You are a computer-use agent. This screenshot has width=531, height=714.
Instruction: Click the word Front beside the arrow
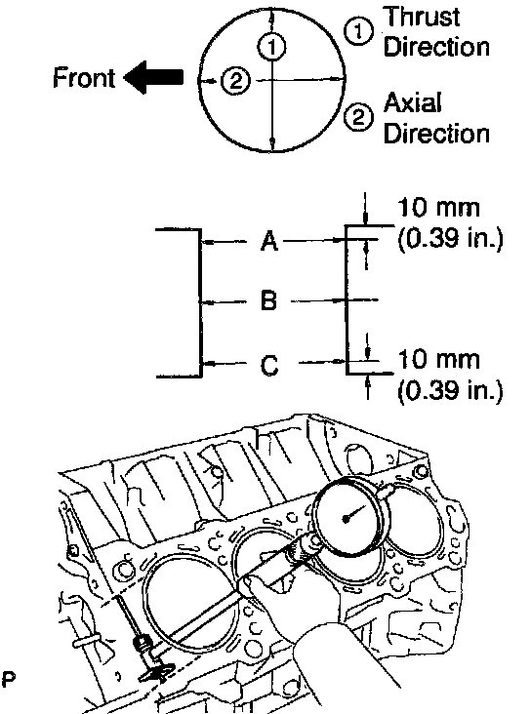(84, 77)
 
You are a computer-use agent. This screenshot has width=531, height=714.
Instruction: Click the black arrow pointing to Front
(153, 77)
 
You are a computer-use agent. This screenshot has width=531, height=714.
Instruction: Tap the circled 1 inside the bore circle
(272, 47)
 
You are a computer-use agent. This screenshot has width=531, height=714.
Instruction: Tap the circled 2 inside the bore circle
(235, 82)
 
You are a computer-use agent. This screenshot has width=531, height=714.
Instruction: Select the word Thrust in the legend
(421, 17)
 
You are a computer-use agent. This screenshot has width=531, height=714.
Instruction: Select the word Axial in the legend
(413, 102)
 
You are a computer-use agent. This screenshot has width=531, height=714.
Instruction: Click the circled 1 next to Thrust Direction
(358, 31)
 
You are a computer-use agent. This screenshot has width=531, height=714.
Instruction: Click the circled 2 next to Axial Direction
(358, 117)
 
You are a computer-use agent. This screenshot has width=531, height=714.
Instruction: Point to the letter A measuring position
(269, 240)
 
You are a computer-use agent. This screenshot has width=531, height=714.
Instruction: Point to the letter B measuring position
(269, 300)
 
